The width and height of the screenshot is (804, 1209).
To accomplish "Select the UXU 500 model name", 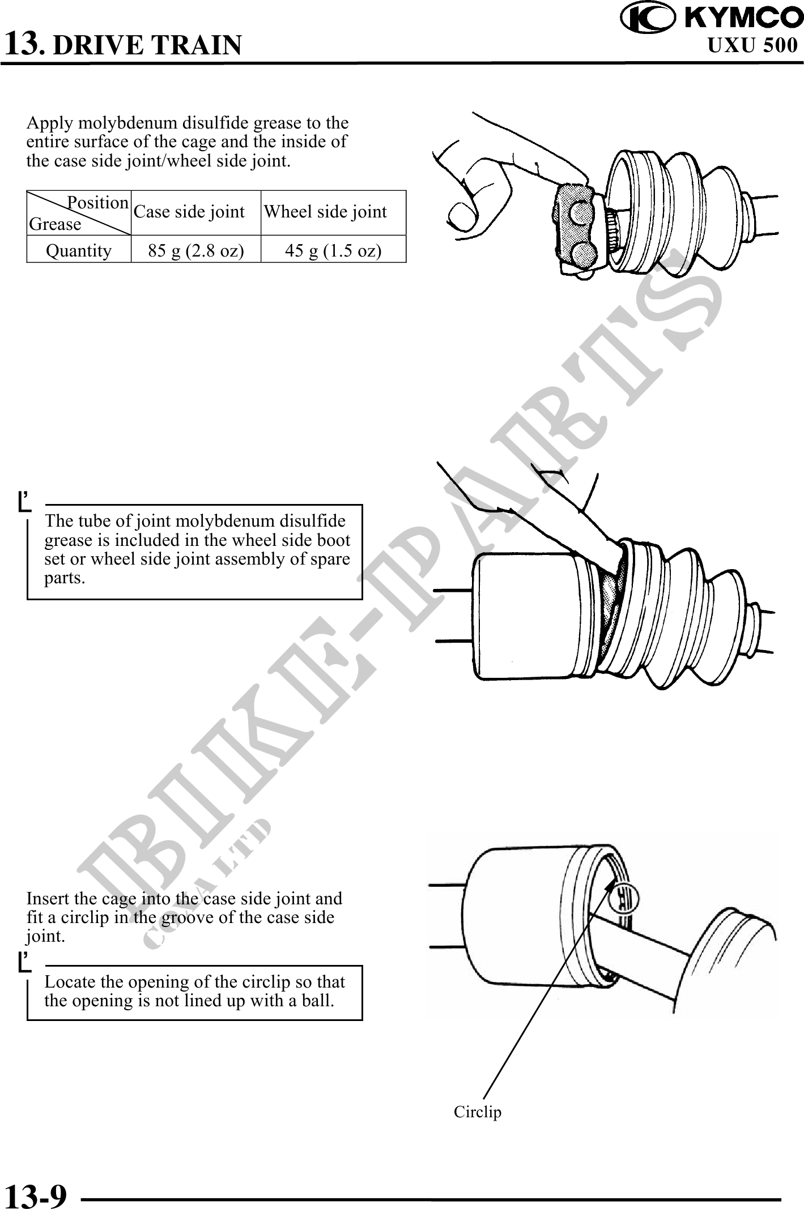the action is (x=752, y=45).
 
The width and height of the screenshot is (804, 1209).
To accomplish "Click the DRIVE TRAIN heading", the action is (x=147, y=45).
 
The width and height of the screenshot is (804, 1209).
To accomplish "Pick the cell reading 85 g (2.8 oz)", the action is (x=196, y=250).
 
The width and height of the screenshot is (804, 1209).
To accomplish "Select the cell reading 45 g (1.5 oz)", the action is (x=333, y=250).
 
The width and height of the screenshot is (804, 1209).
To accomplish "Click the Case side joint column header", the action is (x=189, y=212).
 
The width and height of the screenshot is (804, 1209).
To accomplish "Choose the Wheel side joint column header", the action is (x=325, y=212).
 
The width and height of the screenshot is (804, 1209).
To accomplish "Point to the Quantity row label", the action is (x=79, y=250).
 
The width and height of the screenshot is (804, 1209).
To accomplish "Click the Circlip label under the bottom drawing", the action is (x=478, y=1112).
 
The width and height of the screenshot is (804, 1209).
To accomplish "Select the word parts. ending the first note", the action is (x=65, y=579).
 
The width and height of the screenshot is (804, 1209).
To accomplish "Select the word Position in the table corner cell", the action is (x=98, y=203).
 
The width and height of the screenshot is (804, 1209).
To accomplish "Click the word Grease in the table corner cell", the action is (x=55, y=224).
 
